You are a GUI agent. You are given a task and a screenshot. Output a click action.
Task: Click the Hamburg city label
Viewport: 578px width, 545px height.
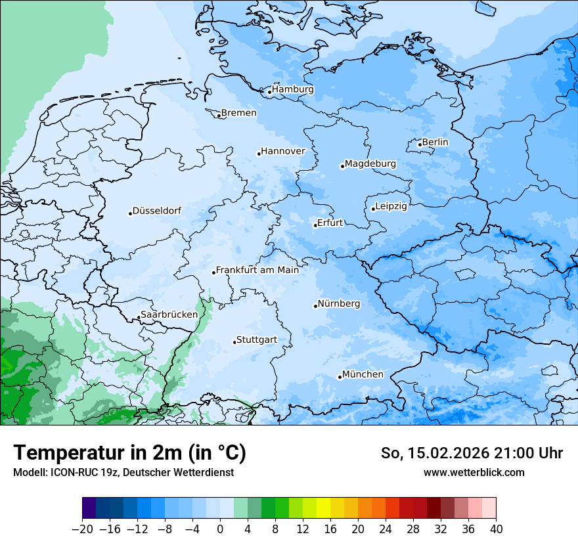pyautogui.click(x=293, y=89)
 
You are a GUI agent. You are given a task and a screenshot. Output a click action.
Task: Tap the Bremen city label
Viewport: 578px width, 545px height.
pyautogui.click(x=238, y=113)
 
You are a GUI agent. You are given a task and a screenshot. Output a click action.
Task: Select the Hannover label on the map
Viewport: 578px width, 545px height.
pyautogui.click(x=283, y=151)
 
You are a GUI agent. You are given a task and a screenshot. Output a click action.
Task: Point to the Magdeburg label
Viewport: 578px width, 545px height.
pyautogui.click(x=370, y=163)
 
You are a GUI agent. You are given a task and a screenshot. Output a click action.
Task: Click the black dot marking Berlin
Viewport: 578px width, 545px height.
pyautogui.click(x=420, y=144)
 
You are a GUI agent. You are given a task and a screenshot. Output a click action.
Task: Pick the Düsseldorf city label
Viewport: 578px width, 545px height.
pyautogui.click(x=157, y=211)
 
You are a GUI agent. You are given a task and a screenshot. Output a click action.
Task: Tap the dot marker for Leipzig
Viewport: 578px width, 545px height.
pyautogui.click(x=373, y=209)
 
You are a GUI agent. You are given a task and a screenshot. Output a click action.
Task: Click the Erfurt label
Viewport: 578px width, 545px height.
pyautogui.click(x=330, y=223)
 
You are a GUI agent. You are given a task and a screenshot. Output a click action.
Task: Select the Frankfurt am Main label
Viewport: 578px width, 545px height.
pyautogui.click(x=257, y=270)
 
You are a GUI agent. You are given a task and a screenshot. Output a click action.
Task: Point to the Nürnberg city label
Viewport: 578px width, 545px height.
pyautogui.click(x=339, y=303)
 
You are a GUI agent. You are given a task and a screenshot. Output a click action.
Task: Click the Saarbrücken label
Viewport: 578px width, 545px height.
pyautogui.click(x=169, y=315)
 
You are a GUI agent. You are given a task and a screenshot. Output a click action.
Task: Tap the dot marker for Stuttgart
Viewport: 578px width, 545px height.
pyautogui.click(x=234, y=342)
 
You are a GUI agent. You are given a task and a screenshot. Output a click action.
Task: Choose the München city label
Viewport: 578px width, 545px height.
pyautogui.click(x=363, y=374)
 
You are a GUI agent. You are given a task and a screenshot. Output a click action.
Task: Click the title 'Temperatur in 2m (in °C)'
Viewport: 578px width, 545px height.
pyautogui.click(x=129, y=452)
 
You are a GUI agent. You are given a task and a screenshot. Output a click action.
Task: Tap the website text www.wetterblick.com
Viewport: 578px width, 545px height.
pyautogui.click(x=474, y=472)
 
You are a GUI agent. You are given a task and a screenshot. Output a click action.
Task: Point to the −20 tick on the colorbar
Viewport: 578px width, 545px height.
pyautogui.click(x=82, y=529)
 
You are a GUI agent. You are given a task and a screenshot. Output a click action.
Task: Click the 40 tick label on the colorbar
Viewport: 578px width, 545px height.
pyautogui.click(x=496, y=529)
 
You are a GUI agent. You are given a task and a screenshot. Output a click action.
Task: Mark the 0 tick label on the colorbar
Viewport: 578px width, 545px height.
pyautogui.click(x=220, y=529)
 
